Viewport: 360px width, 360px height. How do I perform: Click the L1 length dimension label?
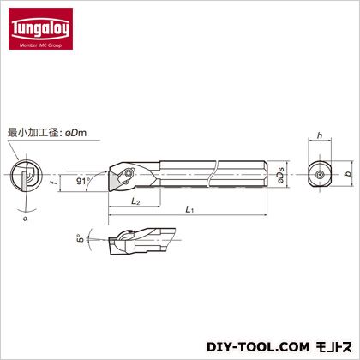pos(189,209)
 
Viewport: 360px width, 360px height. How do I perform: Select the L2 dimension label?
pos(135,201)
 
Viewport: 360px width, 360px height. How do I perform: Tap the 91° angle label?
pos(83,181)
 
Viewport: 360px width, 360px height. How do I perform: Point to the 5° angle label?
pos(81,238)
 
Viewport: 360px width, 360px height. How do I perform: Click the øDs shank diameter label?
pos(280,175)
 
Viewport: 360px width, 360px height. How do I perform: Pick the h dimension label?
pos(320,135)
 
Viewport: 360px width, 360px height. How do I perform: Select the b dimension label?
pos(348,173)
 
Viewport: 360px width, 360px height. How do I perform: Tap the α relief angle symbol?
pos(26,219)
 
